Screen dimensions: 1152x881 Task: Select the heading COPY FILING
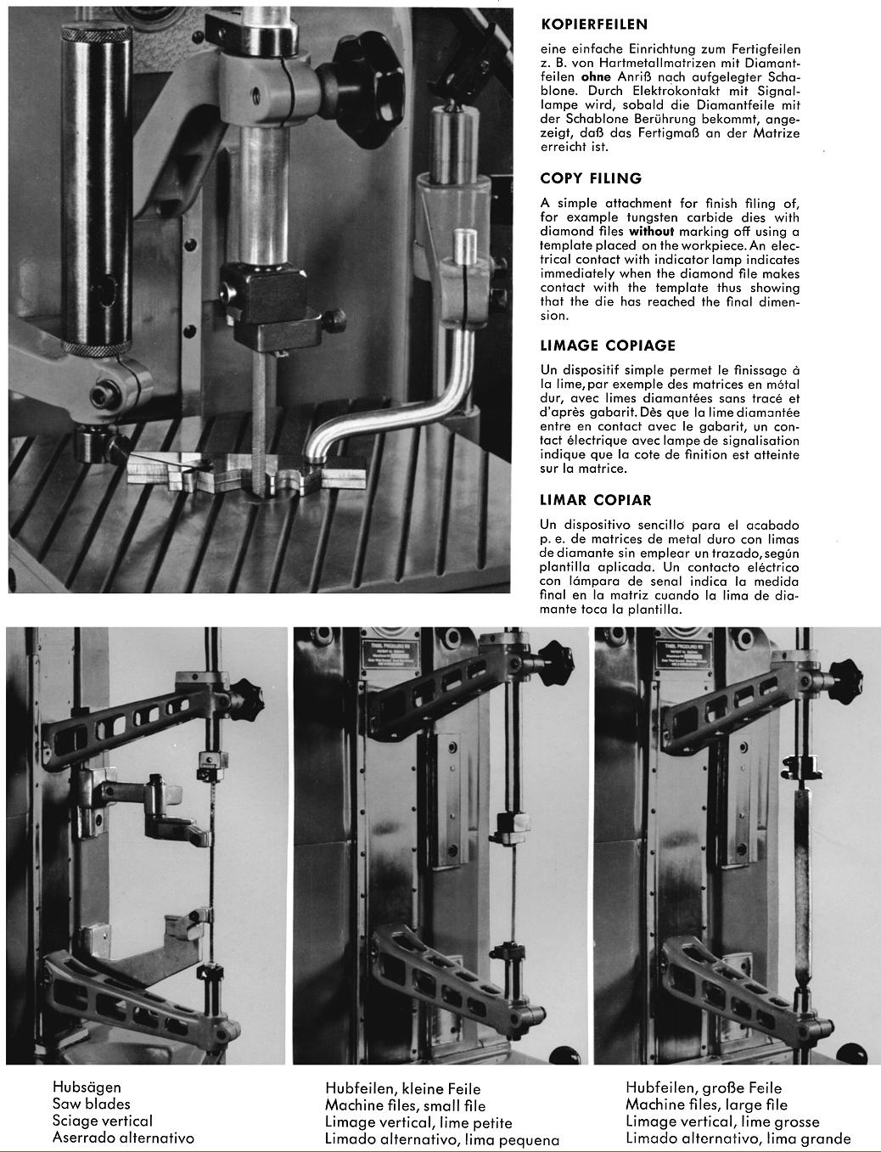591,178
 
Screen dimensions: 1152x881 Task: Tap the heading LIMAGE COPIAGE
608,346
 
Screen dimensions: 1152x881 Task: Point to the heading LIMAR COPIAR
596,500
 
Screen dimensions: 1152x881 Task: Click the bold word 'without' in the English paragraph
651,232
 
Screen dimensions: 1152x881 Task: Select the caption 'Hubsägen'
87,1087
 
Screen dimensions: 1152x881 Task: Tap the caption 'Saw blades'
92,1104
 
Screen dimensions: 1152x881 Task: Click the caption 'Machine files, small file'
405,1105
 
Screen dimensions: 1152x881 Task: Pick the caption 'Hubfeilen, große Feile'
704,1087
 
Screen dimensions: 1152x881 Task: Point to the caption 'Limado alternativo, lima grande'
738,1139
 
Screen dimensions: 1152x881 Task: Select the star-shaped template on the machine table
246,478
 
